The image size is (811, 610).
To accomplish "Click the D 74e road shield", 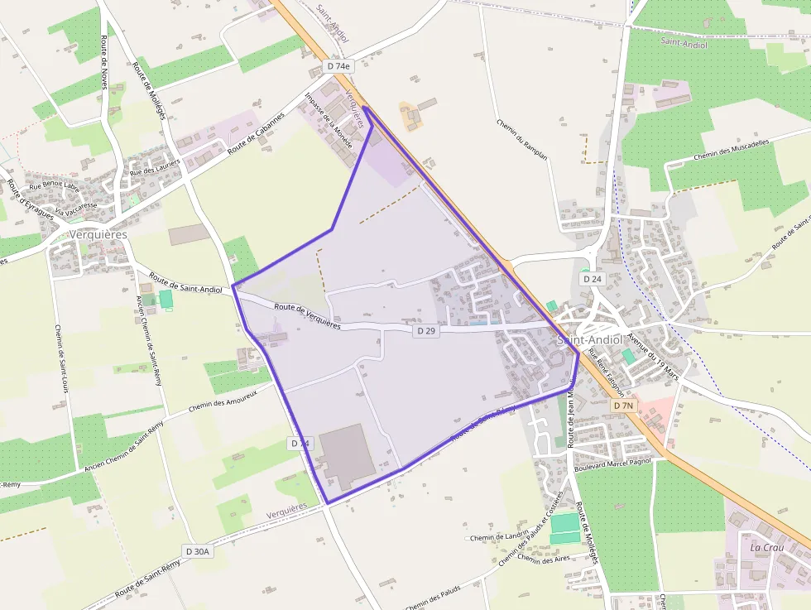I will pos(338,65).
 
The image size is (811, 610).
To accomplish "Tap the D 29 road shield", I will pos(425,331).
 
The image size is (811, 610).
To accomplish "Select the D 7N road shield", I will pos(624,406).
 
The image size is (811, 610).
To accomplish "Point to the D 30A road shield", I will pos(199,551).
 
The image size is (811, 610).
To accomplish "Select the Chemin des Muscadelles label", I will pos(731,149).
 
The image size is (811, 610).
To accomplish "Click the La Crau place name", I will pos(765,548).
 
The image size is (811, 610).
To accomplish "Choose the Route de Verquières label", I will pos(307,315).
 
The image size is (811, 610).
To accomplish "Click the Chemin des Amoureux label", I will pos(223,400).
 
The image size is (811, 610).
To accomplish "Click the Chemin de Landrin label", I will pos(498,537).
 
